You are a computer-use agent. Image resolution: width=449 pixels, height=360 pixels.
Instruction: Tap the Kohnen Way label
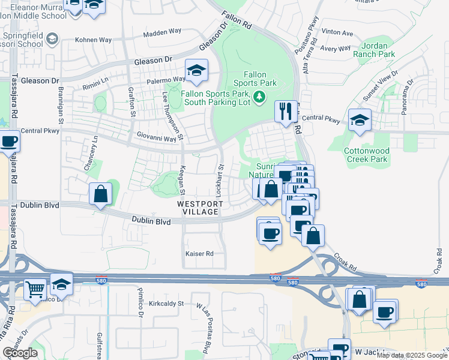[94, 40]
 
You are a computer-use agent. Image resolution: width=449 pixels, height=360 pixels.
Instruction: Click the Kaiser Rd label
[199, 254]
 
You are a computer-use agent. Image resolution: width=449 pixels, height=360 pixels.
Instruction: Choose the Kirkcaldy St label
[166, 304]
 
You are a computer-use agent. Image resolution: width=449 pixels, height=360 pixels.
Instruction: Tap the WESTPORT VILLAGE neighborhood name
[201, 208]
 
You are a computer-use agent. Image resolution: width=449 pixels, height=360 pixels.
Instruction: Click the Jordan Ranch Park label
[379, 50]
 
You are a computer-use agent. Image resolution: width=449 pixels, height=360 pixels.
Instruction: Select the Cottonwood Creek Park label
[367, 155]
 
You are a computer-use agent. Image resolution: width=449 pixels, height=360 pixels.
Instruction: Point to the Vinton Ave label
[337, 32]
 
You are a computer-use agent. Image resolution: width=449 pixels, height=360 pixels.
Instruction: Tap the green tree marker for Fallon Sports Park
[259, 96]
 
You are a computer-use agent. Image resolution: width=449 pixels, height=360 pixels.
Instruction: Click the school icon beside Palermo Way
[196, 71]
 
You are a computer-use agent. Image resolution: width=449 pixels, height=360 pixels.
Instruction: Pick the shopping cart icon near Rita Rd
[36, 290]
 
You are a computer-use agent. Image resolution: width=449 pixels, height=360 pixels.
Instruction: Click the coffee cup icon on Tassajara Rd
[8, 142]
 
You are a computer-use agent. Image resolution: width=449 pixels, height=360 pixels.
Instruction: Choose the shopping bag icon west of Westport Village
[100, 194]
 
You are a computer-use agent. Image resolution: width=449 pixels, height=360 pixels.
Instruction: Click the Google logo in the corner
[20, 353]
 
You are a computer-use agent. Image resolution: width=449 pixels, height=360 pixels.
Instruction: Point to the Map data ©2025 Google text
[412, 355]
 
